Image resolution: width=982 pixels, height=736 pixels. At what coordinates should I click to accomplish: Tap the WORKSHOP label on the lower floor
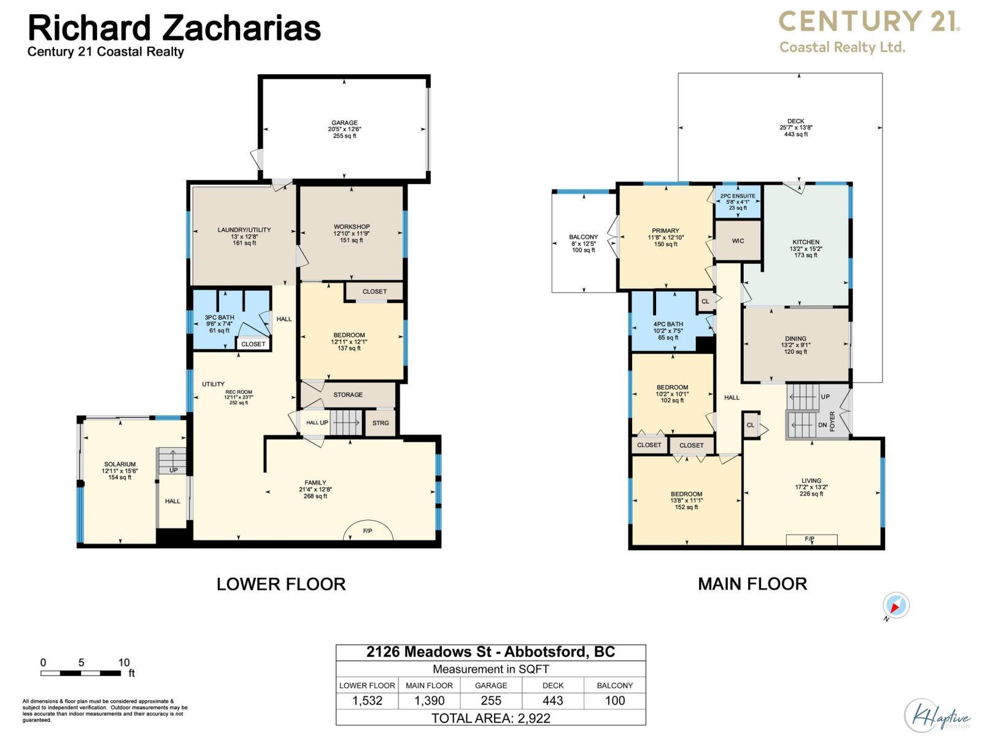(x=352, y=227)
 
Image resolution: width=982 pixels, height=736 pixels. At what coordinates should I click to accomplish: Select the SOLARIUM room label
(x=120, y=464)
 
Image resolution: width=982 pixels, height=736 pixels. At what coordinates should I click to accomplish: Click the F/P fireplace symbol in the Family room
(x=367, y=531)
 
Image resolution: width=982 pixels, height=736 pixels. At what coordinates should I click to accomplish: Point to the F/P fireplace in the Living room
(x=811, y=540)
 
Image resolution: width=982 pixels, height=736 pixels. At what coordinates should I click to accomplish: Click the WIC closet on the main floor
(x=738, y=241)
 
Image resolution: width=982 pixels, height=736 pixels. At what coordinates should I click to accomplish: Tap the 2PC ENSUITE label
(x=738, y=196)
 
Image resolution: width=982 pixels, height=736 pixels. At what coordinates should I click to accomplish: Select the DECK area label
(x=795, y=121)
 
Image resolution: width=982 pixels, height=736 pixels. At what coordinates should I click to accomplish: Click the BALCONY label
(x=583, y=237)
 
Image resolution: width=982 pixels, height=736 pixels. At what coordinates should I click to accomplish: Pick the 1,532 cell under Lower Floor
(x=367, y=701)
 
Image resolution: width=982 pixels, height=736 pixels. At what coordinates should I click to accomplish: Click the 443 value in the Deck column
(x=552, y=701)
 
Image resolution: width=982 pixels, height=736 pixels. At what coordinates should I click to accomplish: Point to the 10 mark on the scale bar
(x=123, y=662)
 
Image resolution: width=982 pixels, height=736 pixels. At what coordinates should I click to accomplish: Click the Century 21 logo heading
(x=868, y=22)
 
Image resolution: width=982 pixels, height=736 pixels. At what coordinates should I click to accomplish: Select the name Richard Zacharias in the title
(x=174, y=28)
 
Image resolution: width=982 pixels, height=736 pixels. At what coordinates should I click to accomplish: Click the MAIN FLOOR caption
(x=752, y=584)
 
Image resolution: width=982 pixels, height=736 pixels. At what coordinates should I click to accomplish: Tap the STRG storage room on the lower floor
(x=381, y=423)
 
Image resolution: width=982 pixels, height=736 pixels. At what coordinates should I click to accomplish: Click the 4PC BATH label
(x=668, y=324)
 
